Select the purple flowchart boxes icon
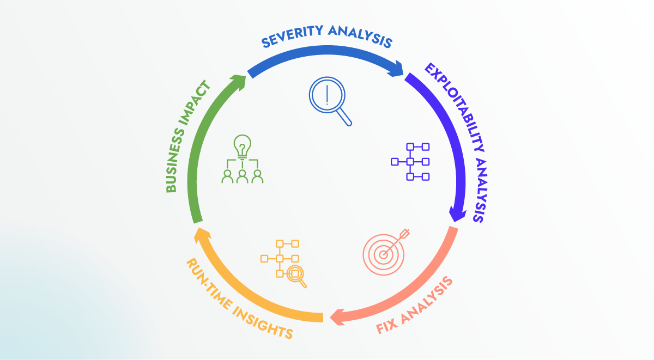[410, 162]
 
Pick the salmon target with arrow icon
[385, 251]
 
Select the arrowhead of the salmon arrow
[335, 316]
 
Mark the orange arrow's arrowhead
[201, 235]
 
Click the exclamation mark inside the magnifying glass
[326, 96]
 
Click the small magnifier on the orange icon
[296, 275]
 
